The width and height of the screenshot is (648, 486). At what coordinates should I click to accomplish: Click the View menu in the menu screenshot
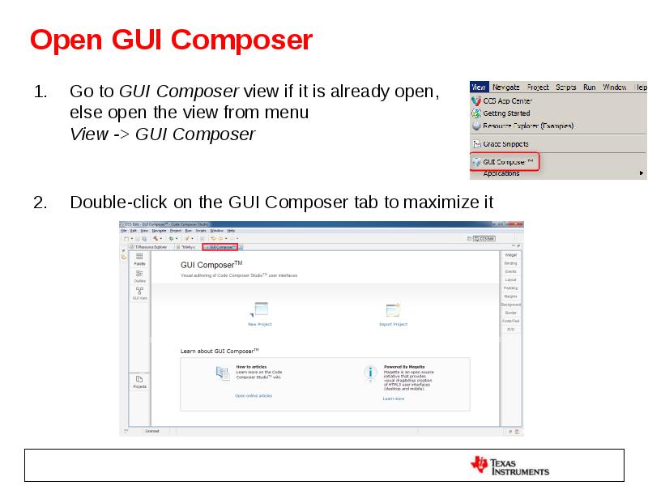[478, 87]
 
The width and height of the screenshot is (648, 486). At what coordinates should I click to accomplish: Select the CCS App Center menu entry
[509, 101]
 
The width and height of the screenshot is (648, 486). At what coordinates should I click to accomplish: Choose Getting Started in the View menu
[506, 113]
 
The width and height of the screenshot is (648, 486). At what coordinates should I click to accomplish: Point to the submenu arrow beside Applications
[642, 173]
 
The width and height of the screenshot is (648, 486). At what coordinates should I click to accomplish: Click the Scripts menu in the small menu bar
[566, 87]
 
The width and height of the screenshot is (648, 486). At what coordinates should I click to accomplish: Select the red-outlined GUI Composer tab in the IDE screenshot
[220, 247]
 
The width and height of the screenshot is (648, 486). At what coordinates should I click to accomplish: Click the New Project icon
[260, 309]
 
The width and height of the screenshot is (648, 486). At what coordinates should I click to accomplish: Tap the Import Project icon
[394, 309]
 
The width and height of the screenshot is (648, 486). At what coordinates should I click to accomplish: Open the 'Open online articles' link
[254, 395]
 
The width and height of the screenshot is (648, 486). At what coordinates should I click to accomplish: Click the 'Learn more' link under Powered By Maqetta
[394, 399]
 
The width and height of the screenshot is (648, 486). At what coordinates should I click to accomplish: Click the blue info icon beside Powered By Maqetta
[370, 373]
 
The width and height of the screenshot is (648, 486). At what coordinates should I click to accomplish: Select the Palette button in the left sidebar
[139, 258]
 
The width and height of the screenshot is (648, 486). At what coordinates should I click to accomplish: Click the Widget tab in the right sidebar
[510, 255]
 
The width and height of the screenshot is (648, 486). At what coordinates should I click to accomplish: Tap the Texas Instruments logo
[509, 466]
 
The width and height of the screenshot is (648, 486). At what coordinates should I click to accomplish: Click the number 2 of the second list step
[39, 202]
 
